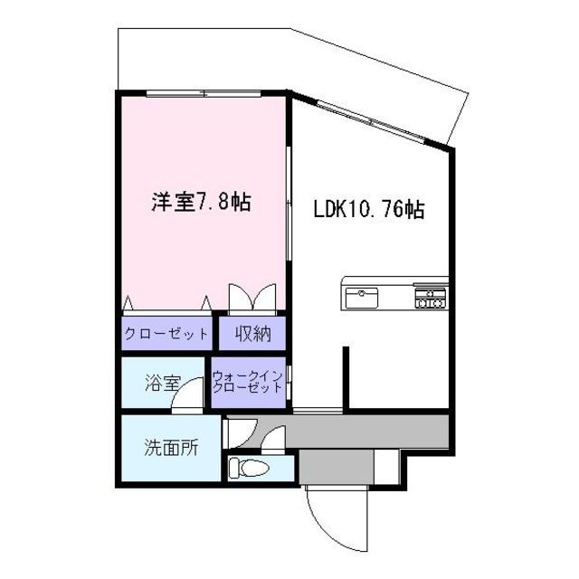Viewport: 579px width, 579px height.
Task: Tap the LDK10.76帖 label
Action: click(x=369, y=209)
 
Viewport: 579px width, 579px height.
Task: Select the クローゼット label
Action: click(x=166, y=334)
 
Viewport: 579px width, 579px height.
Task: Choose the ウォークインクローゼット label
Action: click(x=248, y=381)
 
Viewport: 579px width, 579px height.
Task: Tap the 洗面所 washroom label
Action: click(x=171, y=446)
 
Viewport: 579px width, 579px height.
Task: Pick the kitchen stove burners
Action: click(x=431, y=298)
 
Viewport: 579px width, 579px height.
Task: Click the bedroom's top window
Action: click(x=204, y=92)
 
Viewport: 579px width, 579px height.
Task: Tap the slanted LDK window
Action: click(x=371, y=119)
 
